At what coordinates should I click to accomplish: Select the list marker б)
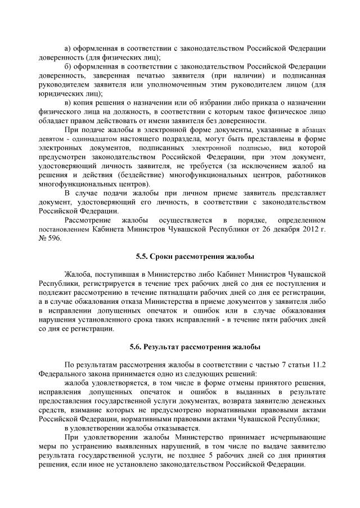68,67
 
